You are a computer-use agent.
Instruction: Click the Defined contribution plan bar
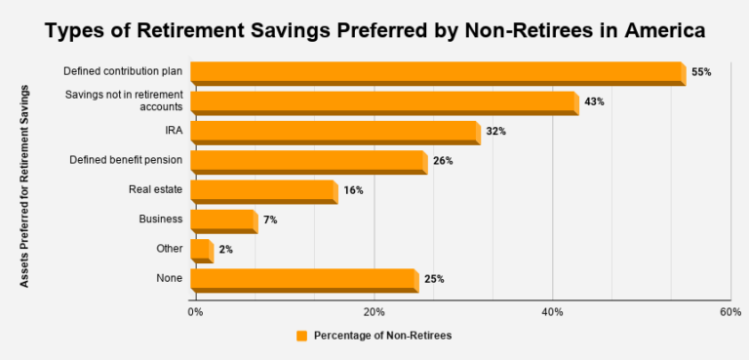pos(437,73)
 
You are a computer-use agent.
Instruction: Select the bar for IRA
pos(335,132)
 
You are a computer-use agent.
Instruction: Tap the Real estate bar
pos(263,191)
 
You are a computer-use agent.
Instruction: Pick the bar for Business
pos(223,220)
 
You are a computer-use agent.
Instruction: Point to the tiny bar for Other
pos(201,251)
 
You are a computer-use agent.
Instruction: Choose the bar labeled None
pos(303,280)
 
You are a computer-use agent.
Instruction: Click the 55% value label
pos(701,72)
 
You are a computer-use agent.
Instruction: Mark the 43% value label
pos(594,101)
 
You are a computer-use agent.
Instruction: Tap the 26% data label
pos(443,161)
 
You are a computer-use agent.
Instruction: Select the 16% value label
pos(353,191)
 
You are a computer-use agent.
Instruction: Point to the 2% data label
pos(225,250)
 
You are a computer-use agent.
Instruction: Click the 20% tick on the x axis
pos(374,311)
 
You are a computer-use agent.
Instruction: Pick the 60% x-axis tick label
pos(730,311)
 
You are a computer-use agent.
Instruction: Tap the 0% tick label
pos(195,311)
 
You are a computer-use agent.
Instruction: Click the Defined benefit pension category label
pos(126,159)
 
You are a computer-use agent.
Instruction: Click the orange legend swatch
pos(301,336)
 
